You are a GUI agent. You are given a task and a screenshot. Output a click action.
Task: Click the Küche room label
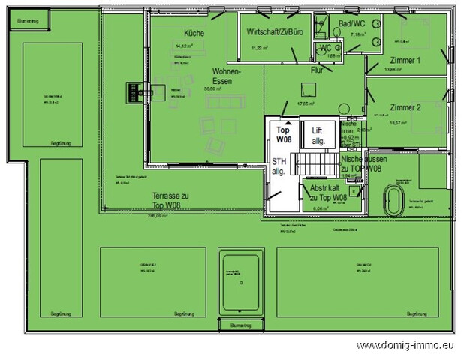point(193,33)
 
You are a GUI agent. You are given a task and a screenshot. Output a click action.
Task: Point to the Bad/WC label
point(351,25)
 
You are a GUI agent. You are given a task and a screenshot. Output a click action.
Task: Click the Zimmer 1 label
point(405,60)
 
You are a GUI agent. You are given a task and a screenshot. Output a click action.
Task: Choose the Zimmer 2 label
point(405,107)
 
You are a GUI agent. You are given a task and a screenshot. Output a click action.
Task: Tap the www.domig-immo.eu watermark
point(406,346)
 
